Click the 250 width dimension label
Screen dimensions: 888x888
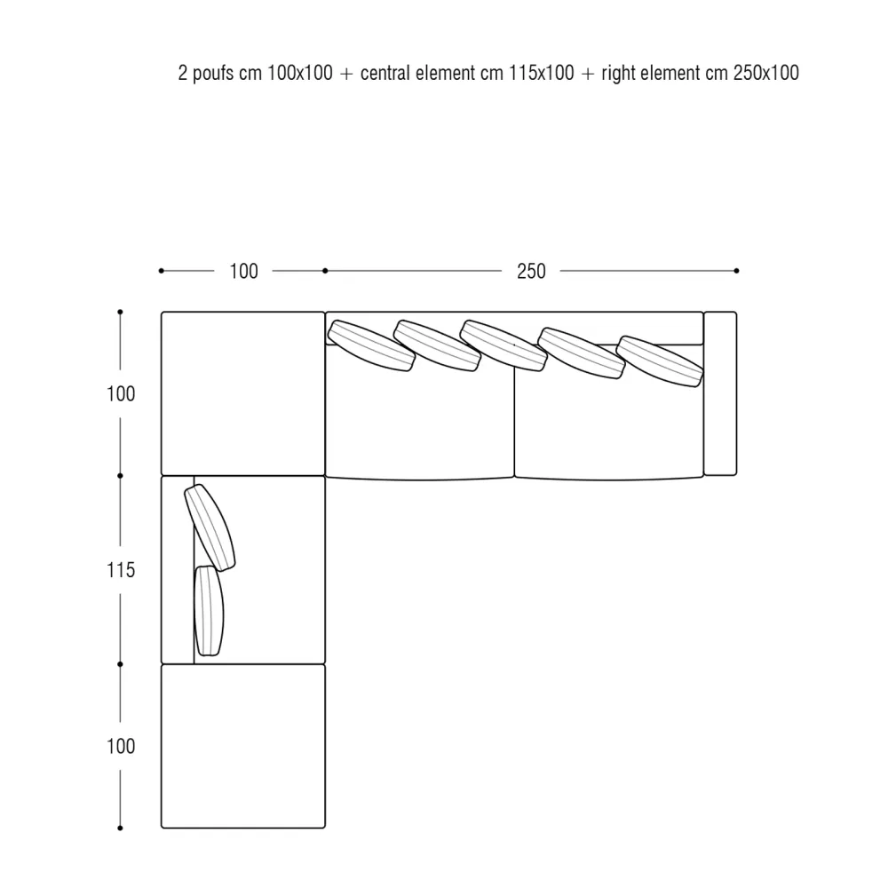click(x=531, y=271)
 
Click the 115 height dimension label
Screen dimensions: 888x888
click(x=121, y=570)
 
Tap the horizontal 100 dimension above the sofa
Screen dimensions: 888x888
click(x=243, y=271)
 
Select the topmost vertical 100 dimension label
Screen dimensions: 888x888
click(x=121, y=393)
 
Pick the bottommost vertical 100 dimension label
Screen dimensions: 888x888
click(x=121, y=746)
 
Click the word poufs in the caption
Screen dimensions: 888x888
click(x=213, y=73)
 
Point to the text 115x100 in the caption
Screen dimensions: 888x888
click(x=542, y=73)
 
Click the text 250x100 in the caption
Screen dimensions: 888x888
click(x=765, y=73)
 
